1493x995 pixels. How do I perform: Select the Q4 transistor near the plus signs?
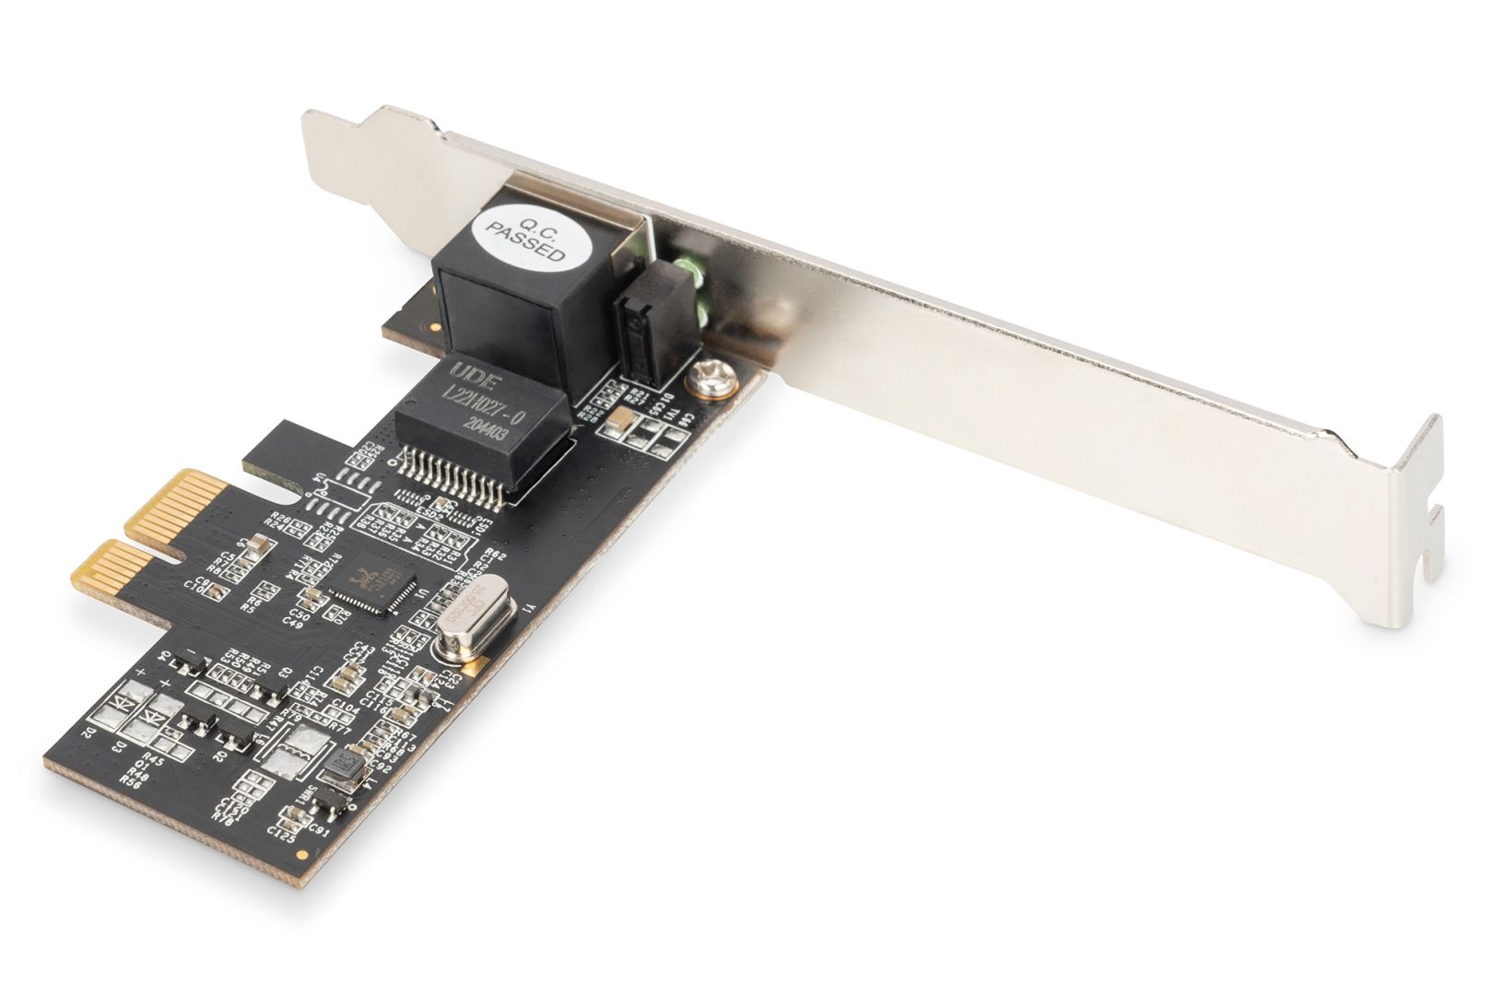pyautogui.click(x=191, y=658)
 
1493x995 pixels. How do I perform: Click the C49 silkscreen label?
pyautogui.click(x=294, y=622)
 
